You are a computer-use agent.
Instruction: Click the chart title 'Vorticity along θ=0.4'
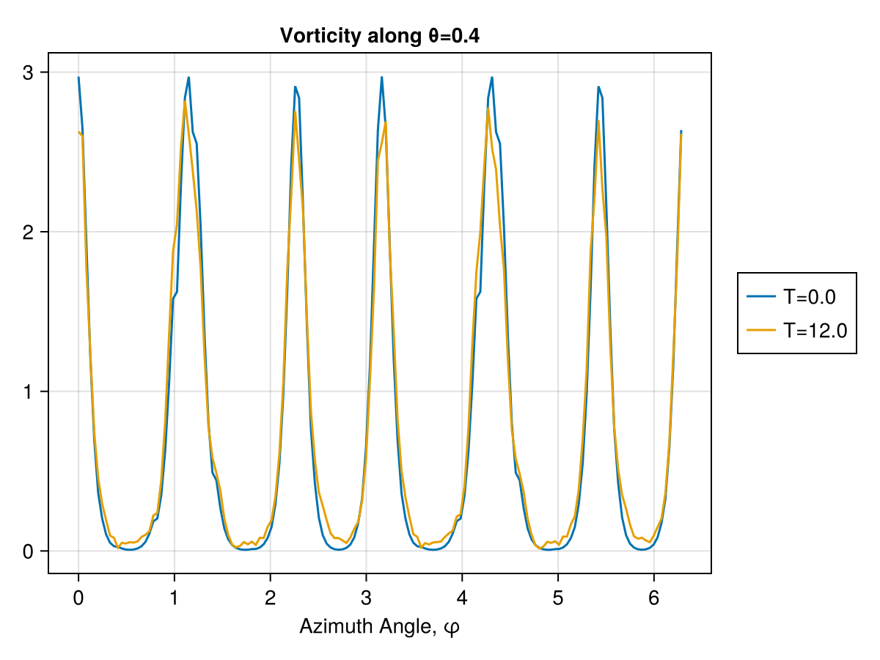[x=380, y=35]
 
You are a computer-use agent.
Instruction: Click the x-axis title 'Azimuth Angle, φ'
[x=380, y=627]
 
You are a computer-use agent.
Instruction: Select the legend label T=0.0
[x=809, y=297]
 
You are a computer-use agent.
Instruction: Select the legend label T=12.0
[x=815, y=331]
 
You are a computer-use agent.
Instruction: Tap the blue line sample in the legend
[x=761, y=297]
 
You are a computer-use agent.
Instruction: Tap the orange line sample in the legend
[x=761, y=331]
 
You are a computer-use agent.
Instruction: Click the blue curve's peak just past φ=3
[x=382, y=77]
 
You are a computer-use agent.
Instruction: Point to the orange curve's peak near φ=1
[x=185, y=102]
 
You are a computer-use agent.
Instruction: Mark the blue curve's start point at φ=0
[x=78, y=77]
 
